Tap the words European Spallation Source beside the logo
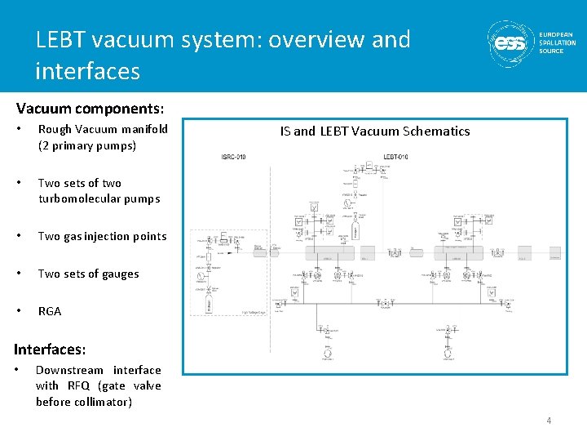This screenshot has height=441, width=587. tap(558, 42)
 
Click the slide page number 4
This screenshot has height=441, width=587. tap(549, 421)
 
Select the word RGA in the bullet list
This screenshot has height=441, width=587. tap(50, 311)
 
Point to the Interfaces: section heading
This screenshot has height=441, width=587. tap(50, 349)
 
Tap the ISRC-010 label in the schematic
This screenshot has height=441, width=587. tap(233, 157)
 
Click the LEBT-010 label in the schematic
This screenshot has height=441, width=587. tap(395, 157)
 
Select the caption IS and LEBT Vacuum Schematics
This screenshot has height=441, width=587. tap(375, 131)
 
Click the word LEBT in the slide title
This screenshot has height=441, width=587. tap(60, 39)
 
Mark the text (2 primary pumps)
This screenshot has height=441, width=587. tap(87, 145)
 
